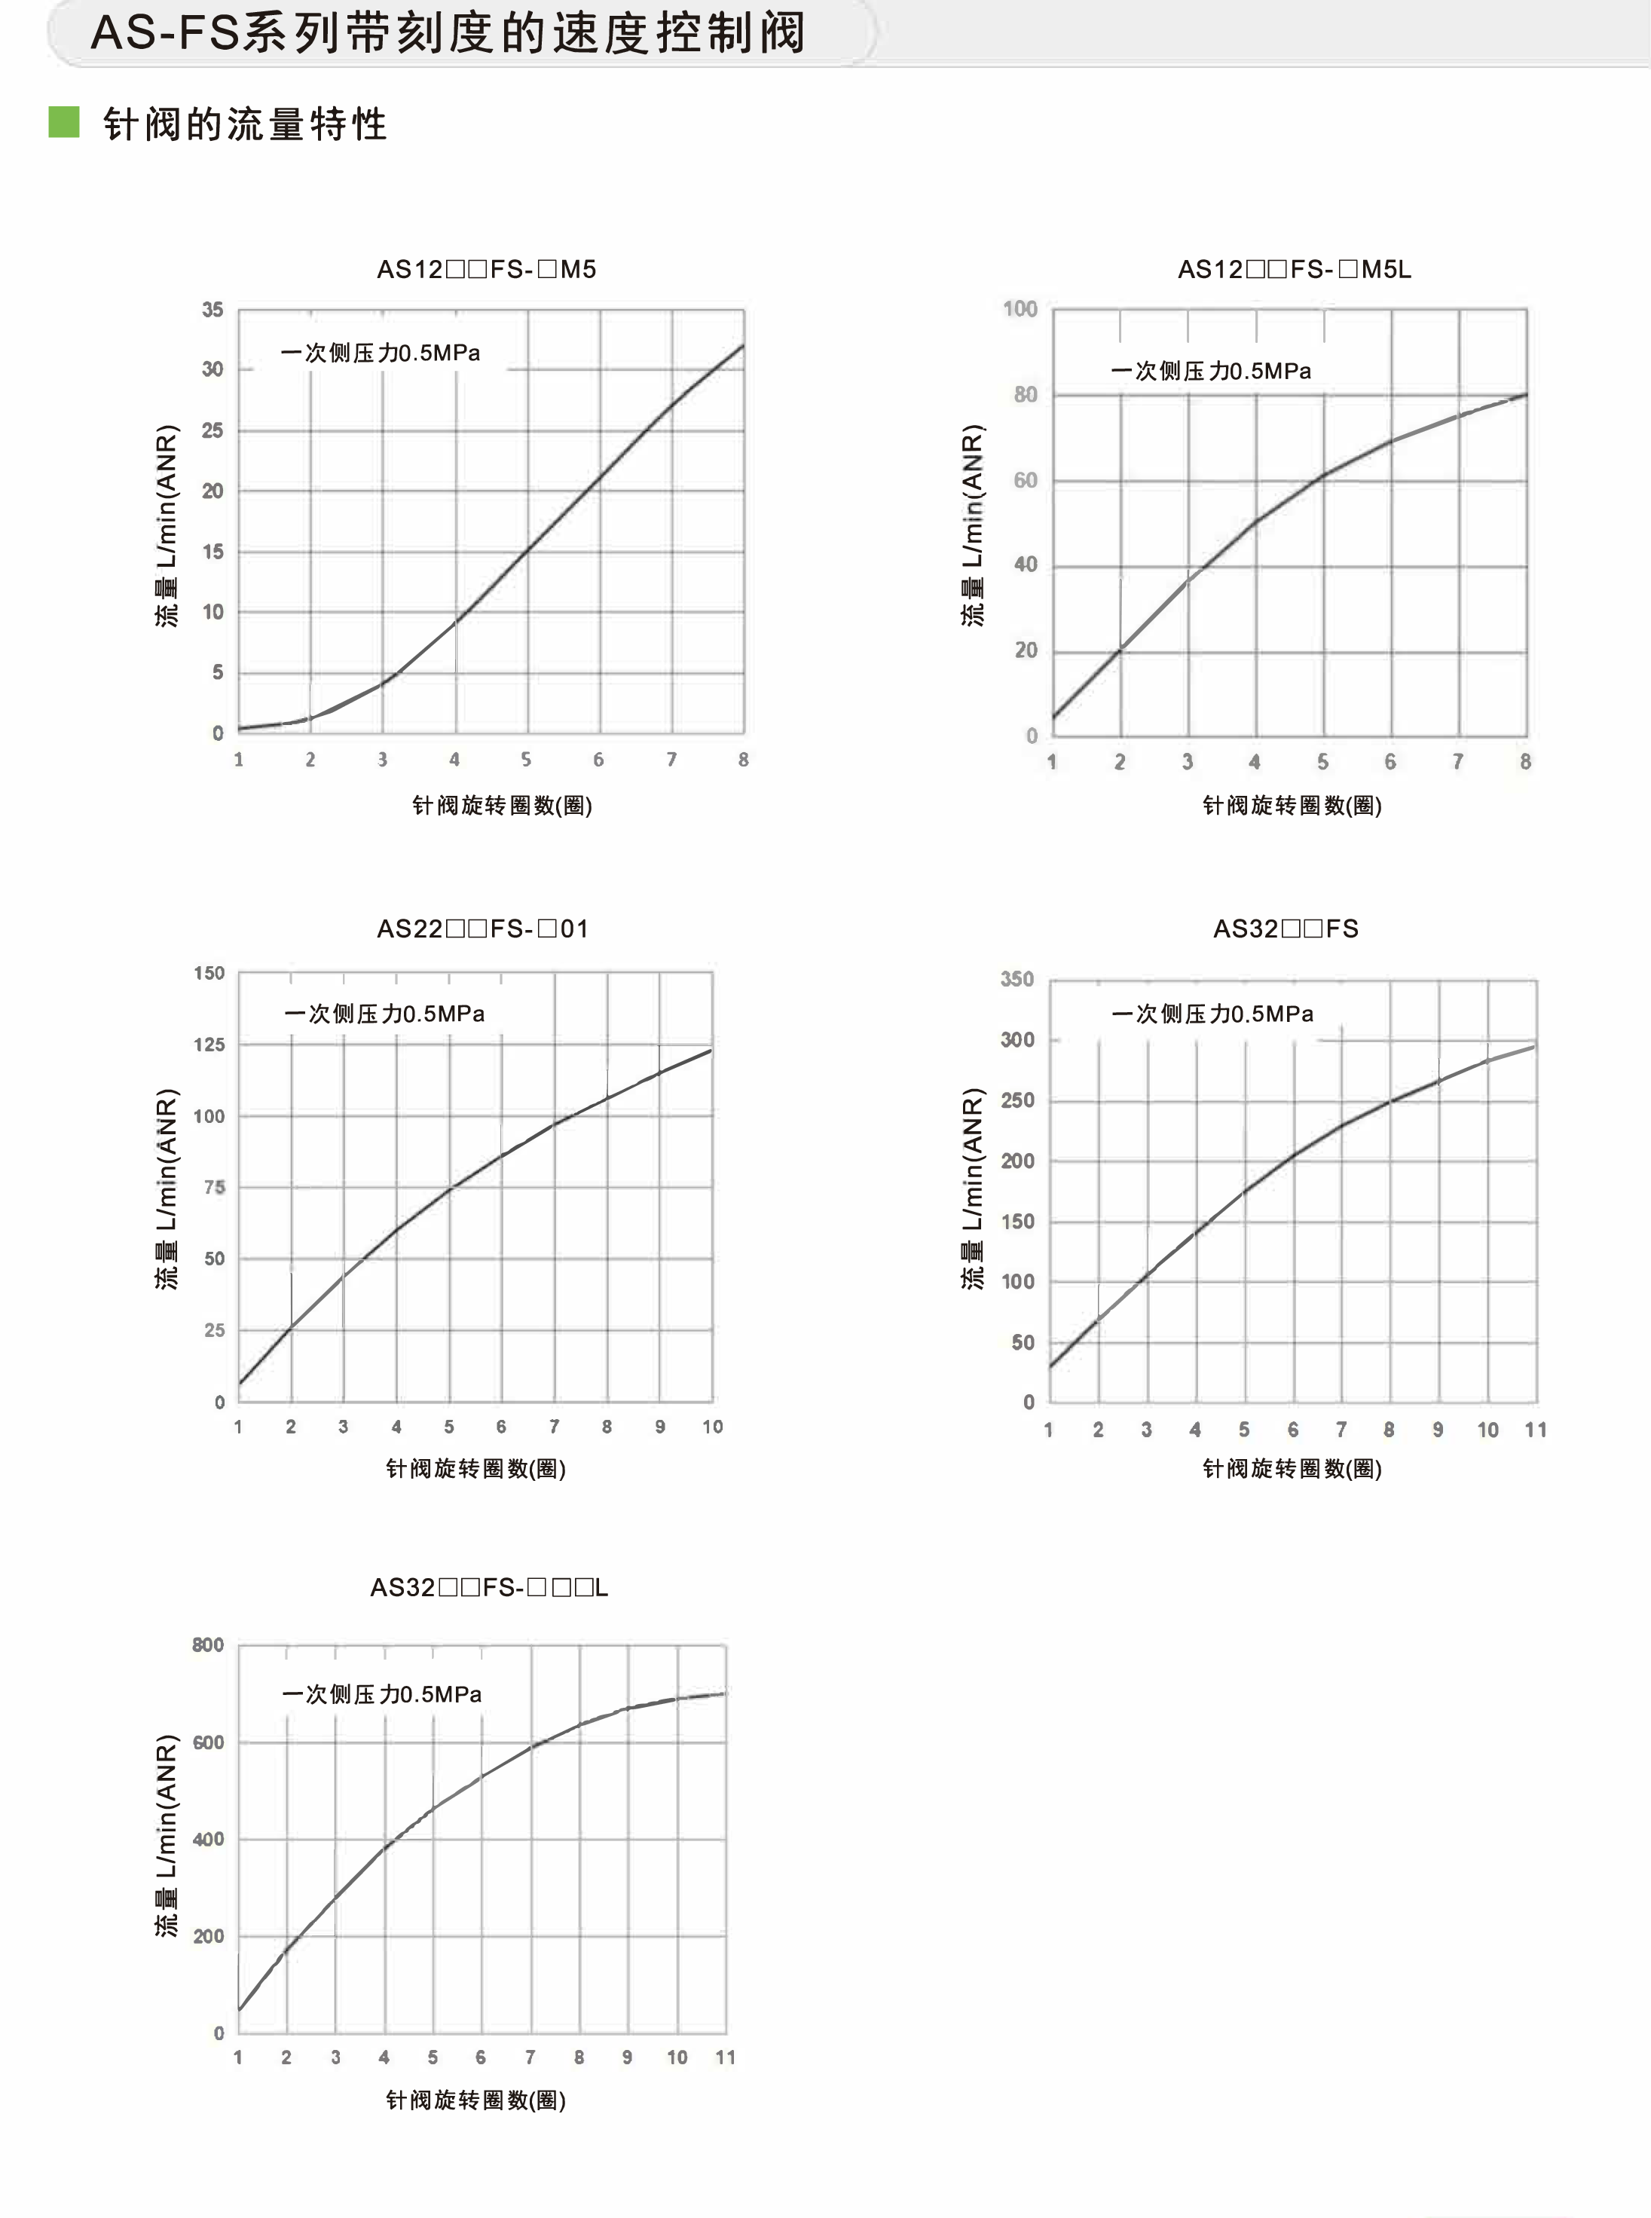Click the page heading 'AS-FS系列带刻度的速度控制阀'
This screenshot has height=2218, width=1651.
(x=448, y=33)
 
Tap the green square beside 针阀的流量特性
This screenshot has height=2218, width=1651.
(x=64, y=122)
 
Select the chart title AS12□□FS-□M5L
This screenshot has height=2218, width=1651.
(x=1295, y=269)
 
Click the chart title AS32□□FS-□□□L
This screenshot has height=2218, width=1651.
(x=489, y=1587)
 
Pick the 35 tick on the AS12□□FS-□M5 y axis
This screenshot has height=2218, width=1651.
(x=212, y=310)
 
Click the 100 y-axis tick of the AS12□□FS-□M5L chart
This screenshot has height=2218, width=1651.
(x=1020, y=309)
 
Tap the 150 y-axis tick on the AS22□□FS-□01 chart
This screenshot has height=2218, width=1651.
(x=209, y=972)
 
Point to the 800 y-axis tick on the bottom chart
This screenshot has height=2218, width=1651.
(x=208, y=1645)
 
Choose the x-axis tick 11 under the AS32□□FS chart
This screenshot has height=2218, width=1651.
(x=1536, y=1430)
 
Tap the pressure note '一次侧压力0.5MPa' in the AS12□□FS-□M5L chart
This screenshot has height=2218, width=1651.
(x=1210, y=371)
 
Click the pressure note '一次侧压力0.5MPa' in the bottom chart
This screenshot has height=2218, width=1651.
(x=382, y=1694)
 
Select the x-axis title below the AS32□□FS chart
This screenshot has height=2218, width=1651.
(x=1292, y=1468)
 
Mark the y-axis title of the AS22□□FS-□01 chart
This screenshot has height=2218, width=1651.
(x=167, y=1189)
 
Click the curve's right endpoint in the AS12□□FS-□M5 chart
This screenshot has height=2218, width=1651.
(x=742, y=346)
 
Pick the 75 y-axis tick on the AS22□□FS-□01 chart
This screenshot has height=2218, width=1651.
(x=214, y=1188)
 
